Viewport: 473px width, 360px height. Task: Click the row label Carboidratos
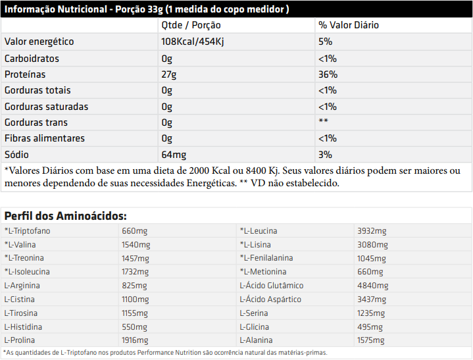coord(32,58)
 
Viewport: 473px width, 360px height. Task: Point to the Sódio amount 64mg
coord(174,154)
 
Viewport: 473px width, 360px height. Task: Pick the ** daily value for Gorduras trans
coord(323,122)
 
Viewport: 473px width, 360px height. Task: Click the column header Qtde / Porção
coord(191,25)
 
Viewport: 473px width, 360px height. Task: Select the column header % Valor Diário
coord(349,25)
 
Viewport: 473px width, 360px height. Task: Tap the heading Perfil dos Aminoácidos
coord(66,215)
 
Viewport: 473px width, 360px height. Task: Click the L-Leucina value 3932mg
coord(372,231)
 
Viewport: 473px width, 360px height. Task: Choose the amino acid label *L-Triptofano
coord(27,231)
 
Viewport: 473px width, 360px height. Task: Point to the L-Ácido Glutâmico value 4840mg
coord(372,286)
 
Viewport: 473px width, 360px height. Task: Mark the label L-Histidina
coord(23,326)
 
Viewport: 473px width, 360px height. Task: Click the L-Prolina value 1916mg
coord(136,340)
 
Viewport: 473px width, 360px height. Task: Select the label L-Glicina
coord(255,326)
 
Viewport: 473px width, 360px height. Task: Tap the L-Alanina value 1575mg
coord(371,340)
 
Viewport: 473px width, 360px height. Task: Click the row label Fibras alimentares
coord(45,138)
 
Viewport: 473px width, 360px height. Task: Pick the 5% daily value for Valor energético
coord(325,41)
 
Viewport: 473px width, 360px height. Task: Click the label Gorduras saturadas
coord(46,106)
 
